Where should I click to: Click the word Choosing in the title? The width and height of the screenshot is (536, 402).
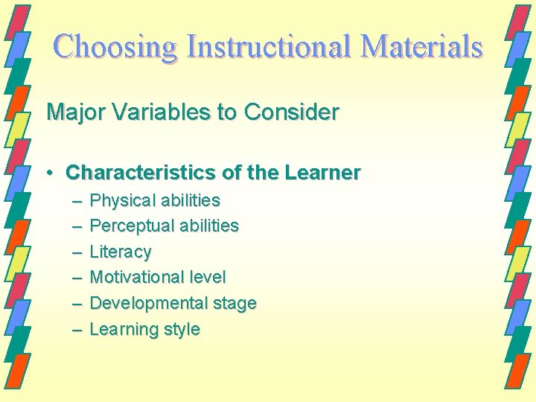coord(116,46)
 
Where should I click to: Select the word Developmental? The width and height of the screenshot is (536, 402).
coord(141,304)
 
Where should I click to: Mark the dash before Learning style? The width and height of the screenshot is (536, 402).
coord(77,330)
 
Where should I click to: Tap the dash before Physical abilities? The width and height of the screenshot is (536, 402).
coord(77,201)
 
